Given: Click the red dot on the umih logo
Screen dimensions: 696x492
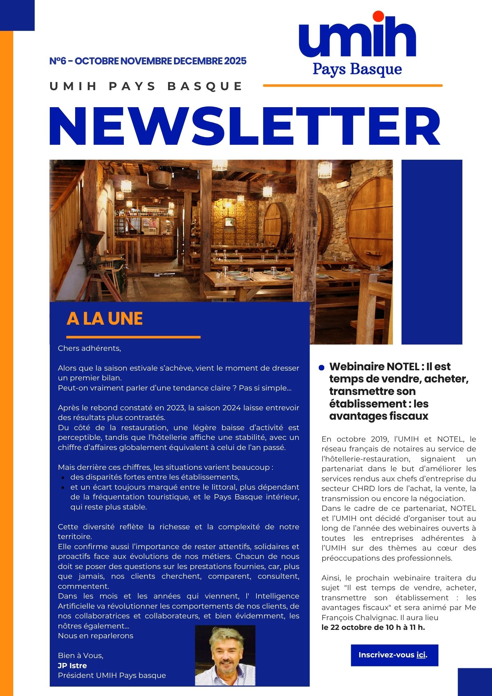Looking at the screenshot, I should coord(378,16).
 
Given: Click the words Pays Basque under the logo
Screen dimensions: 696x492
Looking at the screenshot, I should coord(357,69).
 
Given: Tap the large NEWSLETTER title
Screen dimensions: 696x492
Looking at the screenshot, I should coord(245,127).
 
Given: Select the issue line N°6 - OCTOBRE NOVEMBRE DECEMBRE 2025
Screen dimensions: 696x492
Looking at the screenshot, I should coord(148,61).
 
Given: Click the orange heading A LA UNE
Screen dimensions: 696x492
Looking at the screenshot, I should coord(105,318).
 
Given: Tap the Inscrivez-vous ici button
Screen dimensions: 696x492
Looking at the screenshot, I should coord(394,655).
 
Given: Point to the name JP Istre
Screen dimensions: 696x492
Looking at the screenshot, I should coord(72,665).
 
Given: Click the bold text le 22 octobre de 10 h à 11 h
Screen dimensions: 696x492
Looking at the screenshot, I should coord(373,627).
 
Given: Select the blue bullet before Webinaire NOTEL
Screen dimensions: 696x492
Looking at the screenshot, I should coord(322,367).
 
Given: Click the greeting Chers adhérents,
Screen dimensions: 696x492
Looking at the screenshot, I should coord(89,348).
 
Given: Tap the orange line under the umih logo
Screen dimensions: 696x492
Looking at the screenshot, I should coord(352,85).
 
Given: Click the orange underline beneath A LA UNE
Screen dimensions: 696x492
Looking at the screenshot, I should coord(133,337).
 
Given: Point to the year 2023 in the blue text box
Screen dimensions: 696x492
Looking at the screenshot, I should coord(175,408).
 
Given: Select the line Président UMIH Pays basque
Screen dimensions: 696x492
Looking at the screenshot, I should coord(112,675).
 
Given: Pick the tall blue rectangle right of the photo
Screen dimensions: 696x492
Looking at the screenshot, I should coord(432,252).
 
